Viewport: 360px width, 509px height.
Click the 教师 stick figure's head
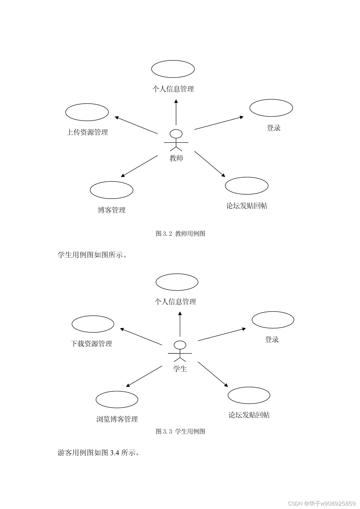tap(176, 134)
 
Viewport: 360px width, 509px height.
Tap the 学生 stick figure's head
tap(180, 345)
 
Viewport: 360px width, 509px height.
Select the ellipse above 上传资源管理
tap(87, 112)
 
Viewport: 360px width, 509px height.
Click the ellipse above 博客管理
tap(111, 190)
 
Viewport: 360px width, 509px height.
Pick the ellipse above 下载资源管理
tap(93, 324)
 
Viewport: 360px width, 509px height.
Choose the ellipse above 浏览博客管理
tap(117, 400)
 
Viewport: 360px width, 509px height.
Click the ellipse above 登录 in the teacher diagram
tap(271, 108)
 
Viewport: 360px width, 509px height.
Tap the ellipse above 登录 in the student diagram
tap(273, 320)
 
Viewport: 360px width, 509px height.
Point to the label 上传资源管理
tap(87, 132)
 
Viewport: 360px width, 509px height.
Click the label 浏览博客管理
tap(117, 419)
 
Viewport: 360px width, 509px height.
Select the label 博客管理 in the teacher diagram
tap(112, 210)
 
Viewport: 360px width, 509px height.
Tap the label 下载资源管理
tap(91, 344)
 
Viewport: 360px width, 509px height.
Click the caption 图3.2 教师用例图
tap(180, 233)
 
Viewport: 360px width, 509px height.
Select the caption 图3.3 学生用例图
tap(180, 431)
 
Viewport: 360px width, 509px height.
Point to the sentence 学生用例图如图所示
tap(92, 255)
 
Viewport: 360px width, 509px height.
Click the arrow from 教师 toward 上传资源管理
tap(136, 125)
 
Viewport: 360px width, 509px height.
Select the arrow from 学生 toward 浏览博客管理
tap(144, 376)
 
